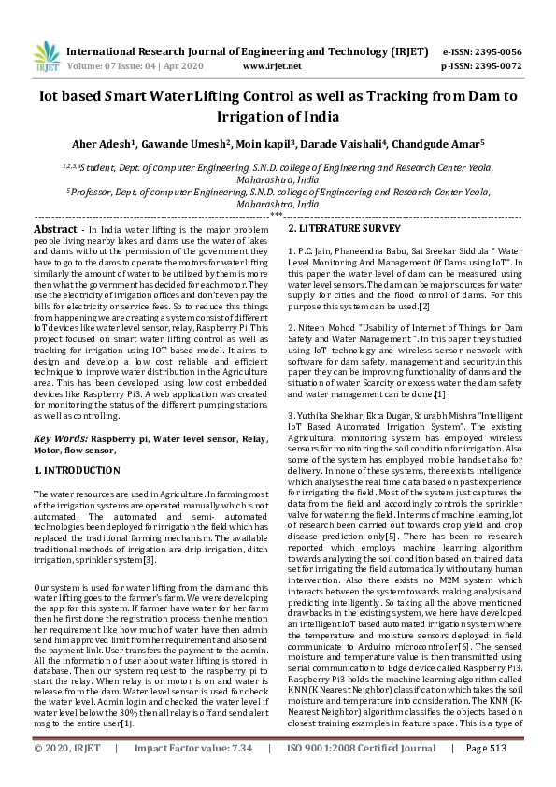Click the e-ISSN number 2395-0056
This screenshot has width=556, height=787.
click(x=493, y=51)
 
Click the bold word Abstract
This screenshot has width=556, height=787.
click(x=56, y=229)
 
